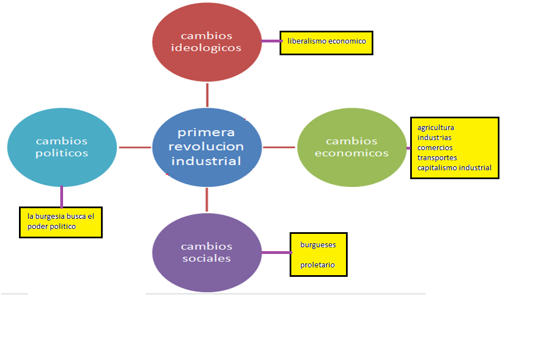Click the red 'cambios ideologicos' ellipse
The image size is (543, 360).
point(206,42)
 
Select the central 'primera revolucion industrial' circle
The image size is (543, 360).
point(206,147)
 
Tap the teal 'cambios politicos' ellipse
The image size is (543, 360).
point(62,147)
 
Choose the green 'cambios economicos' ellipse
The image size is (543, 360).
point(352,147)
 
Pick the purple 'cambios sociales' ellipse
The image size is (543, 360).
point(206,252)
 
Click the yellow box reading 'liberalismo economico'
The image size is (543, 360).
point(326,42)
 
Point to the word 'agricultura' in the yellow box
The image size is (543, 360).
point(436,128)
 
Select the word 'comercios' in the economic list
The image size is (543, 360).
point(435,148)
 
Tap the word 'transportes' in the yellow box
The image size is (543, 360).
point(437,157)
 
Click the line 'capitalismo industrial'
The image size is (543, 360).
point(454,167)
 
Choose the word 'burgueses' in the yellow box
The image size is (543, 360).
point(318,244)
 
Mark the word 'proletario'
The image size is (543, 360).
point(318,265)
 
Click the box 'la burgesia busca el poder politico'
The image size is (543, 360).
point(61,222)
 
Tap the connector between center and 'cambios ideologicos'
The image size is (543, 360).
point(207,95)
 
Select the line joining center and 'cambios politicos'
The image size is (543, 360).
point(134,147)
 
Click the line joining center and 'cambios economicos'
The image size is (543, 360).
point(279,147)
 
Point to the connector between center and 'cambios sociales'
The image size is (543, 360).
point(207,200)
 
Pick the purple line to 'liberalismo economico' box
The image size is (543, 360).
point(271,41)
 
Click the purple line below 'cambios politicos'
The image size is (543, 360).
point(61,196)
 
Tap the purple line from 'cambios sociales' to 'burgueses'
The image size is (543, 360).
point(276,252)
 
